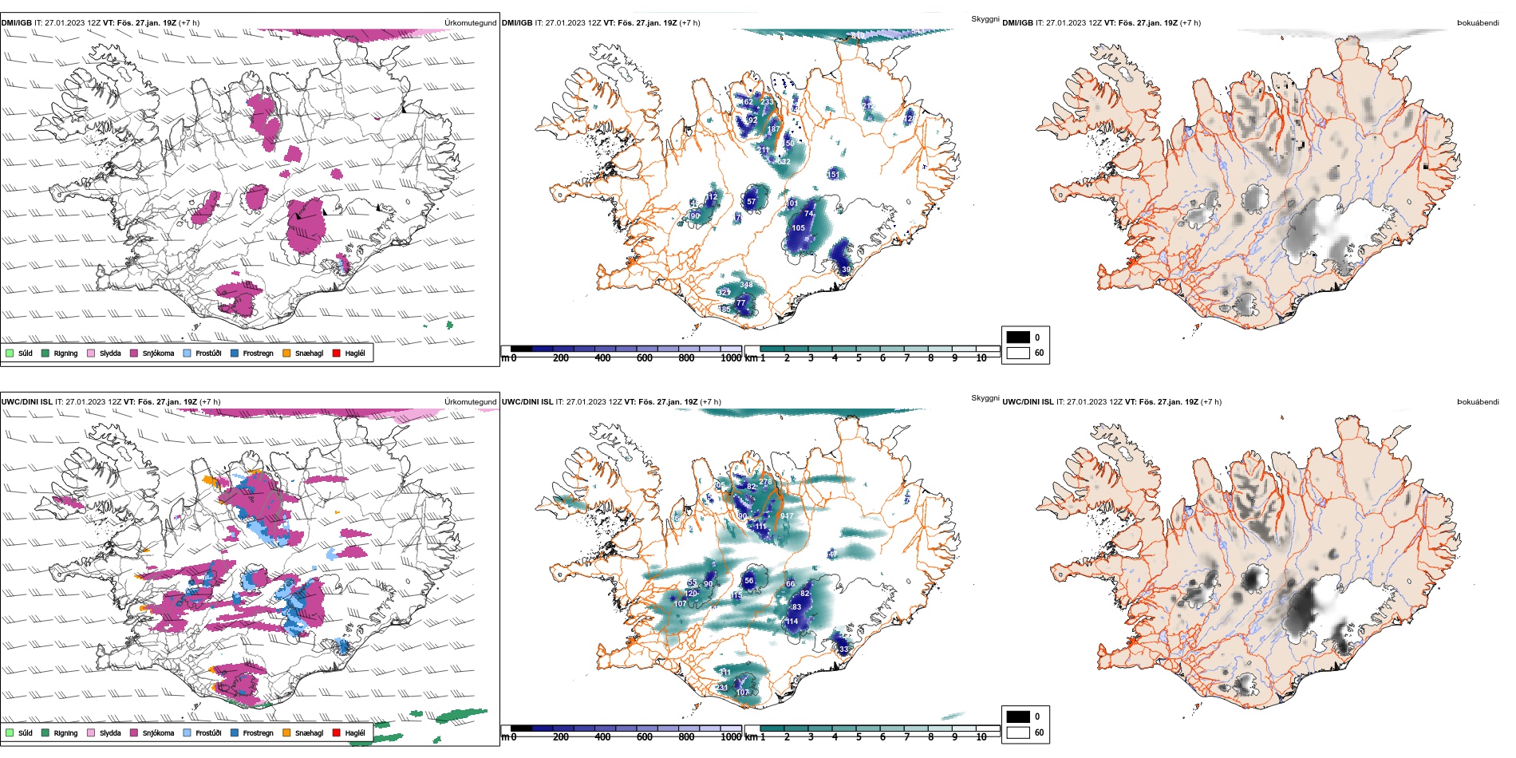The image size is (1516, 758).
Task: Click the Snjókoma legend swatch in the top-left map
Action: pyautogui.click(x=134, y=353)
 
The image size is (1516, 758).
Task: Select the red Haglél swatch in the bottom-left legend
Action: pyautogui.click(x=337, y=732)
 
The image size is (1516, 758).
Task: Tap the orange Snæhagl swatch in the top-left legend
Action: pyautogui.click(x=286, y=353)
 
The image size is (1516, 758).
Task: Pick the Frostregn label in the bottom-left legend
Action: pyautogui.click(x=258, y=732)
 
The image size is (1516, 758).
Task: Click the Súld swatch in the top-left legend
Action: pyautogui.click(x=10, y=353)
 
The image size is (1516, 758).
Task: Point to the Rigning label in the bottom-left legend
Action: pyautogui.click(x=65, y=732)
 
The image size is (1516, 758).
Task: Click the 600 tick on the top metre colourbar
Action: pyautogui.click(x=645, y=358)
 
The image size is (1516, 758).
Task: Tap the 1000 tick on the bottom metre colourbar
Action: pyautogui.click(x=731, y=737)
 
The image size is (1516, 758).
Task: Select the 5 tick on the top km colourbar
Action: pyautogui.click(x=859, y=358)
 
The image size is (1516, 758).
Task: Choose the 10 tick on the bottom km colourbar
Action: pyautogui.click(x=981, y=737)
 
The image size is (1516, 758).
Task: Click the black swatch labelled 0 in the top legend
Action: pyautogui.click(x=1018, y=338)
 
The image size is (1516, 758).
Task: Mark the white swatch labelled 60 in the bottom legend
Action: pyautogui.click(x=1018, y=732)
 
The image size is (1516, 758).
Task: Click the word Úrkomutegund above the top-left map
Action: pyautogui.click(x=470, y=23)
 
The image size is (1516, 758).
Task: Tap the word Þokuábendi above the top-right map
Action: pyautogui.click(x=1478, y=23)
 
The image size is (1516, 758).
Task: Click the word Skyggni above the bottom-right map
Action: pyautogui.click(x=985, y=398)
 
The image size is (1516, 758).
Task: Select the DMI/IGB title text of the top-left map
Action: pyautogui.click(x=16, y=23)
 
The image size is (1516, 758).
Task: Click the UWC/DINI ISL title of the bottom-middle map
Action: pyautogui.click(x=527, y=402)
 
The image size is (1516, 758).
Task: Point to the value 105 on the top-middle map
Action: pyautogui.click(x=799, y=228)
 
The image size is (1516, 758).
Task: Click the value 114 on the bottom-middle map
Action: pyautogui.click(x=792, y=622)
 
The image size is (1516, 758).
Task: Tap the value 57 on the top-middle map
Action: pyautogui.click(x=751, y=202)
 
